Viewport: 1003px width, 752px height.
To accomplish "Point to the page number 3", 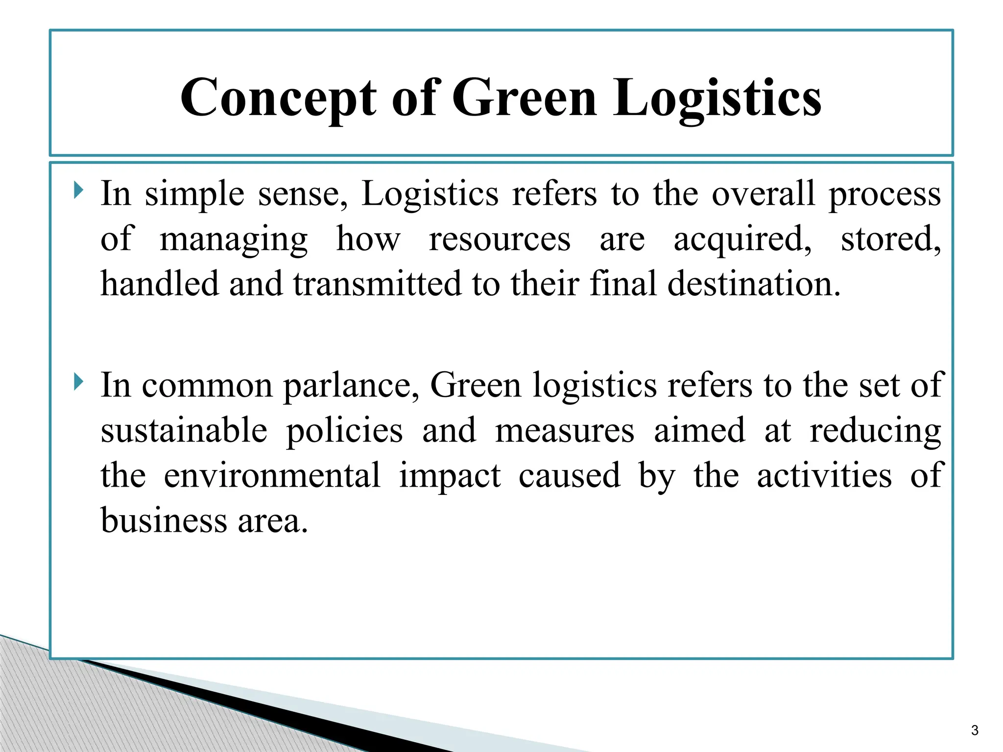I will [975, 730].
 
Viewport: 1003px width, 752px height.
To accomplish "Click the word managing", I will [234, 239].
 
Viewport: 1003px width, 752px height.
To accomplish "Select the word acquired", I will [741, 239].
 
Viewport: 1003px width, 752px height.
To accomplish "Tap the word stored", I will [890, 239].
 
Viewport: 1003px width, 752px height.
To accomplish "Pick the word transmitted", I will [377, 284].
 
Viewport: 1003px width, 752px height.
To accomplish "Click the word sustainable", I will [184, 431].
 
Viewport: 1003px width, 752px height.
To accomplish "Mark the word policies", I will [344, 431].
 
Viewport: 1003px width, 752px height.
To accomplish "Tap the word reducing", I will [875, 431].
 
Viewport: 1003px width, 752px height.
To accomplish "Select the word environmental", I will [272, 475].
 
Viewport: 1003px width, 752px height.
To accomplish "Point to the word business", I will [164, 520].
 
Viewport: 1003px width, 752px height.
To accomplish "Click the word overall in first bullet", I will [763, 194].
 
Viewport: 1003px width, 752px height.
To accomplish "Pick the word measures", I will [564, 431].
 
